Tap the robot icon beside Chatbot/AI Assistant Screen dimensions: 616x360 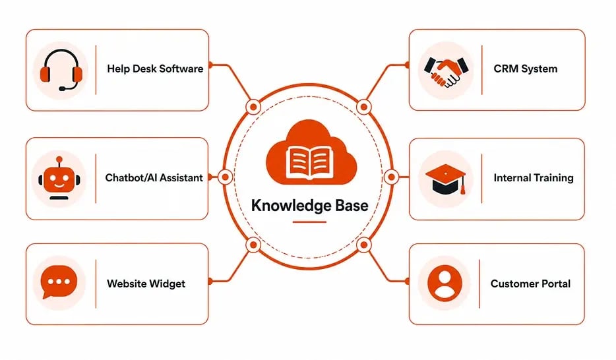(59, 179)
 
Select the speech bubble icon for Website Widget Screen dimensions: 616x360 (59, 282)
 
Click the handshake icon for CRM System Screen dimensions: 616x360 (446, 71)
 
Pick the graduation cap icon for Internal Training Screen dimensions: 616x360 (445, 179)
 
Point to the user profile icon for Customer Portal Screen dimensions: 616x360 (445, 283)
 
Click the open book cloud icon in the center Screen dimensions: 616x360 (311, 152)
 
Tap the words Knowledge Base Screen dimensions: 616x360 (309, 205)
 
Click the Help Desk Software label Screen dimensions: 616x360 (155, 69)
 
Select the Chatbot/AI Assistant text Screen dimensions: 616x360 (154, 178)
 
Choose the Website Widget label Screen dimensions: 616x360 (146, 284)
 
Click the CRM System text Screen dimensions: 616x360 (525, 69)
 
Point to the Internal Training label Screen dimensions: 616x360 (534, 178)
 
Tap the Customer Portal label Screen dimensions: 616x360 (530, 284)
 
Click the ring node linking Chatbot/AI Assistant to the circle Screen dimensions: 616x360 (225, 177)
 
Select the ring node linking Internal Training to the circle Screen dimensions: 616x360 (391, 177)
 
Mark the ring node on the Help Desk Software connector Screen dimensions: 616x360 (253, 107)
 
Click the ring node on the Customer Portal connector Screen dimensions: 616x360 (364, 245)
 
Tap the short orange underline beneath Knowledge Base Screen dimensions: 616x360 (309, 222)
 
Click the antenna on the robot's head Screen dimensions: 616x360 (59, 161)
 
